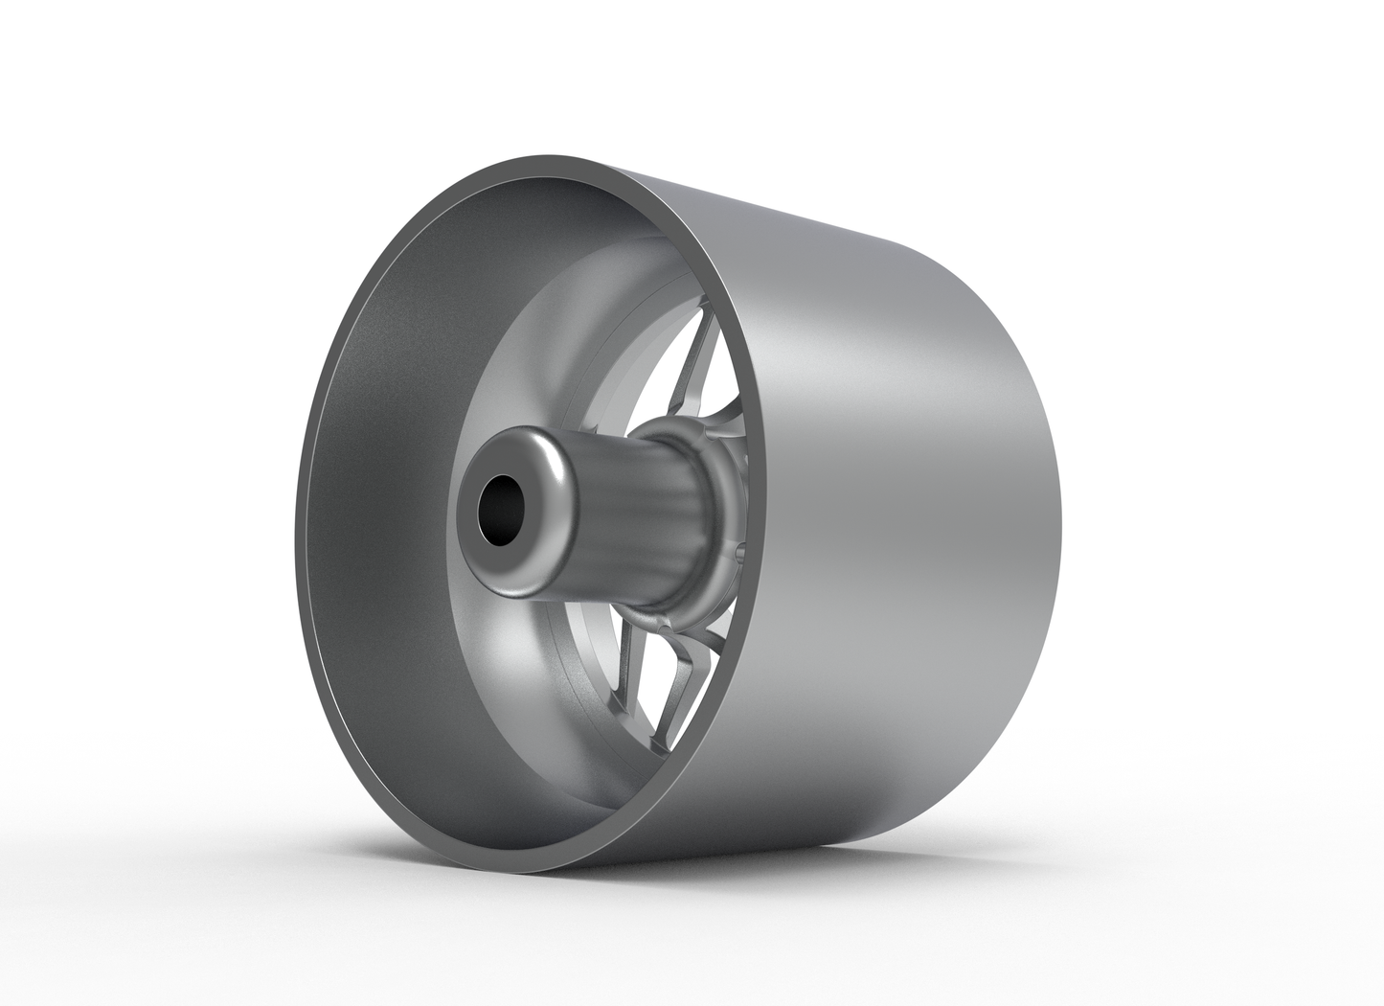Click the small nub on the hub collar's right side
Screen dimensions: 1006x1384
(744, 551)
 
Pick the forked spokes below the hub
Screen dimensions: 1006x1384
(685, 671)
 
